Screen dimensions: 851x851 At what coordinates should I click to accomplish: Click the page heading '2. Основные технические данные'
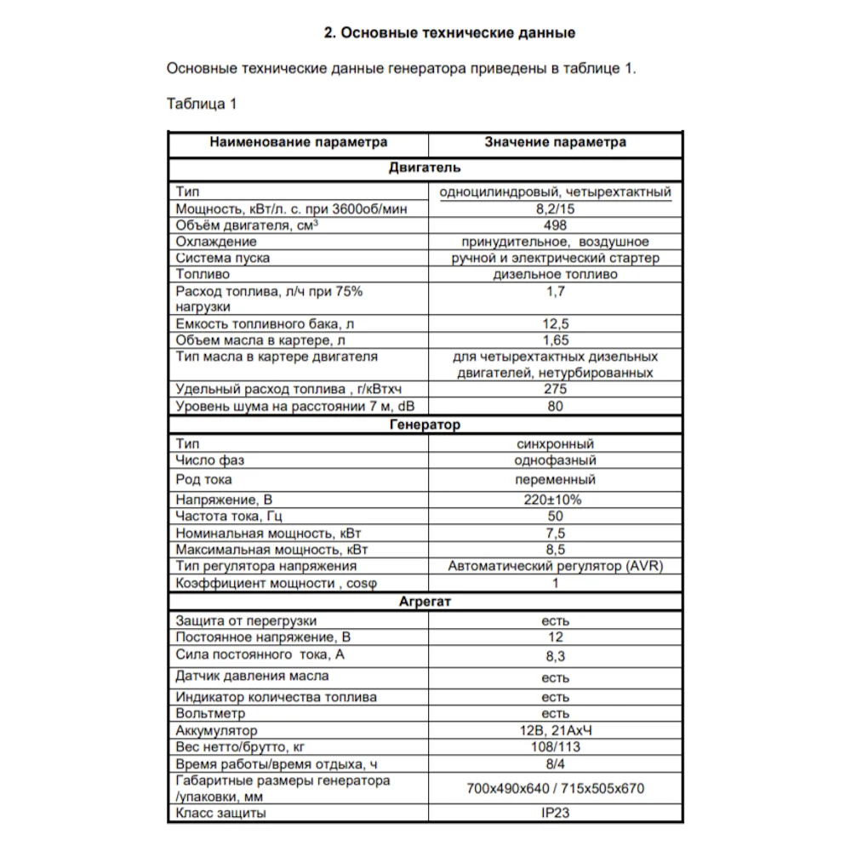tap(450, 33)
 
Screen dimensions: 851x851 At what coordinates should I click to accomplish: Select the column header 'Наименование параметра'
tap(298, 142)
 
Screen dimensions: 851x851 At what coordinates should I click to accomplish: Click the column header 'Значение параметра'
tap(555, 142)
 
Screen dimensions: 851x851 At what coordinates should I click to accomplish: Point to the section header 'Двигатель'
tap(425, 168)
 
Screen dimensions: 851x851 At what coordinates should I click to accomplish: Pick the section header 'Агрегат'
tap(425, 603)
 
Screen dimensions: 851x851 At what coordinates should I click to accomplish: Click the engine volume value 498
tap(555, 226)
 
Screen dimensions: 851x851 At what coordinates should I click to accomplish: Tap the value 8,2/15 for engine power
tap(555, 209)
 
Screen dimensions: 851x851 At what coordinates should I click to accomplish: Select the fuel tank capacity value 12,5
tap(555, 324)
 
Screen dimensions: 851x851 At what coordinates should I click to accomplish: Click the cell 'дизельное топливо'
tap(555, 275)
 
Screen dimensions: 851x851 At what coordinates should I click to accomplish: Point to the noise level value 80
tap(555, 406)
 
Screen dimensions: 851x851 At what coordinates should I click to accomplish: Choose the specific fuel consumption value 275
tap(555, 389)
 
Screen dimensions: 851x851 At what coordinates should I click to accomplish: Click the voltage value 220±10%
tap(555, 500)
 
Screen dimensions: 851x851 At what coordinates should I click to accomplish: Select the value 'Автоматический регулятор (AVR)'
tap(555, 566)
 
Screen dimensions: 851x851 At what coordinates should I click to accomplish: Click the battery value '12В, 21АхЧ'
tap(555, 730)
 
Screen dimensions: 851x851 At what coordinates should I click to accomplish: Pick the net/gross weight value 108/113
tap(555, 746)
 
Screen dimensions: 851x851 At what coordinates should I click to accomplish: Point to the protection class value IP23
tap(555, 813)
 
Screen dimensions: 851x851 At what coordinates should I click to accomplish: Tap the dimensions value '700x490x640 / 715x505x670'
tap(555, 788)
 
